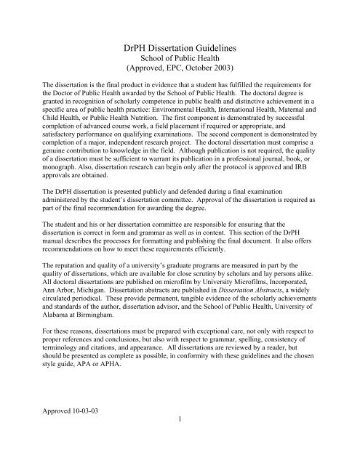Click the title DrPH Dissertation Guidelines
click(180, 52)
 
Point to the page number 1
click(180, 458)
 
